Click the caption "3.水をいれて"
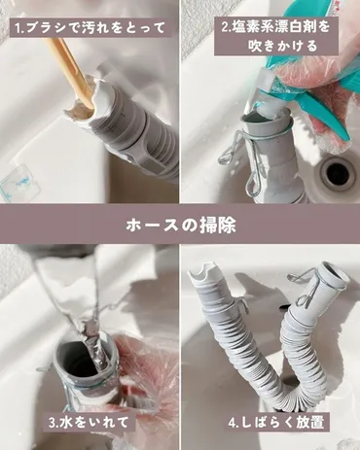89,423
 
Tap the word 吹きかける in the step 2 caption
277,48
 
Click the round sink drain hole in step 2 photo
338,173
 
